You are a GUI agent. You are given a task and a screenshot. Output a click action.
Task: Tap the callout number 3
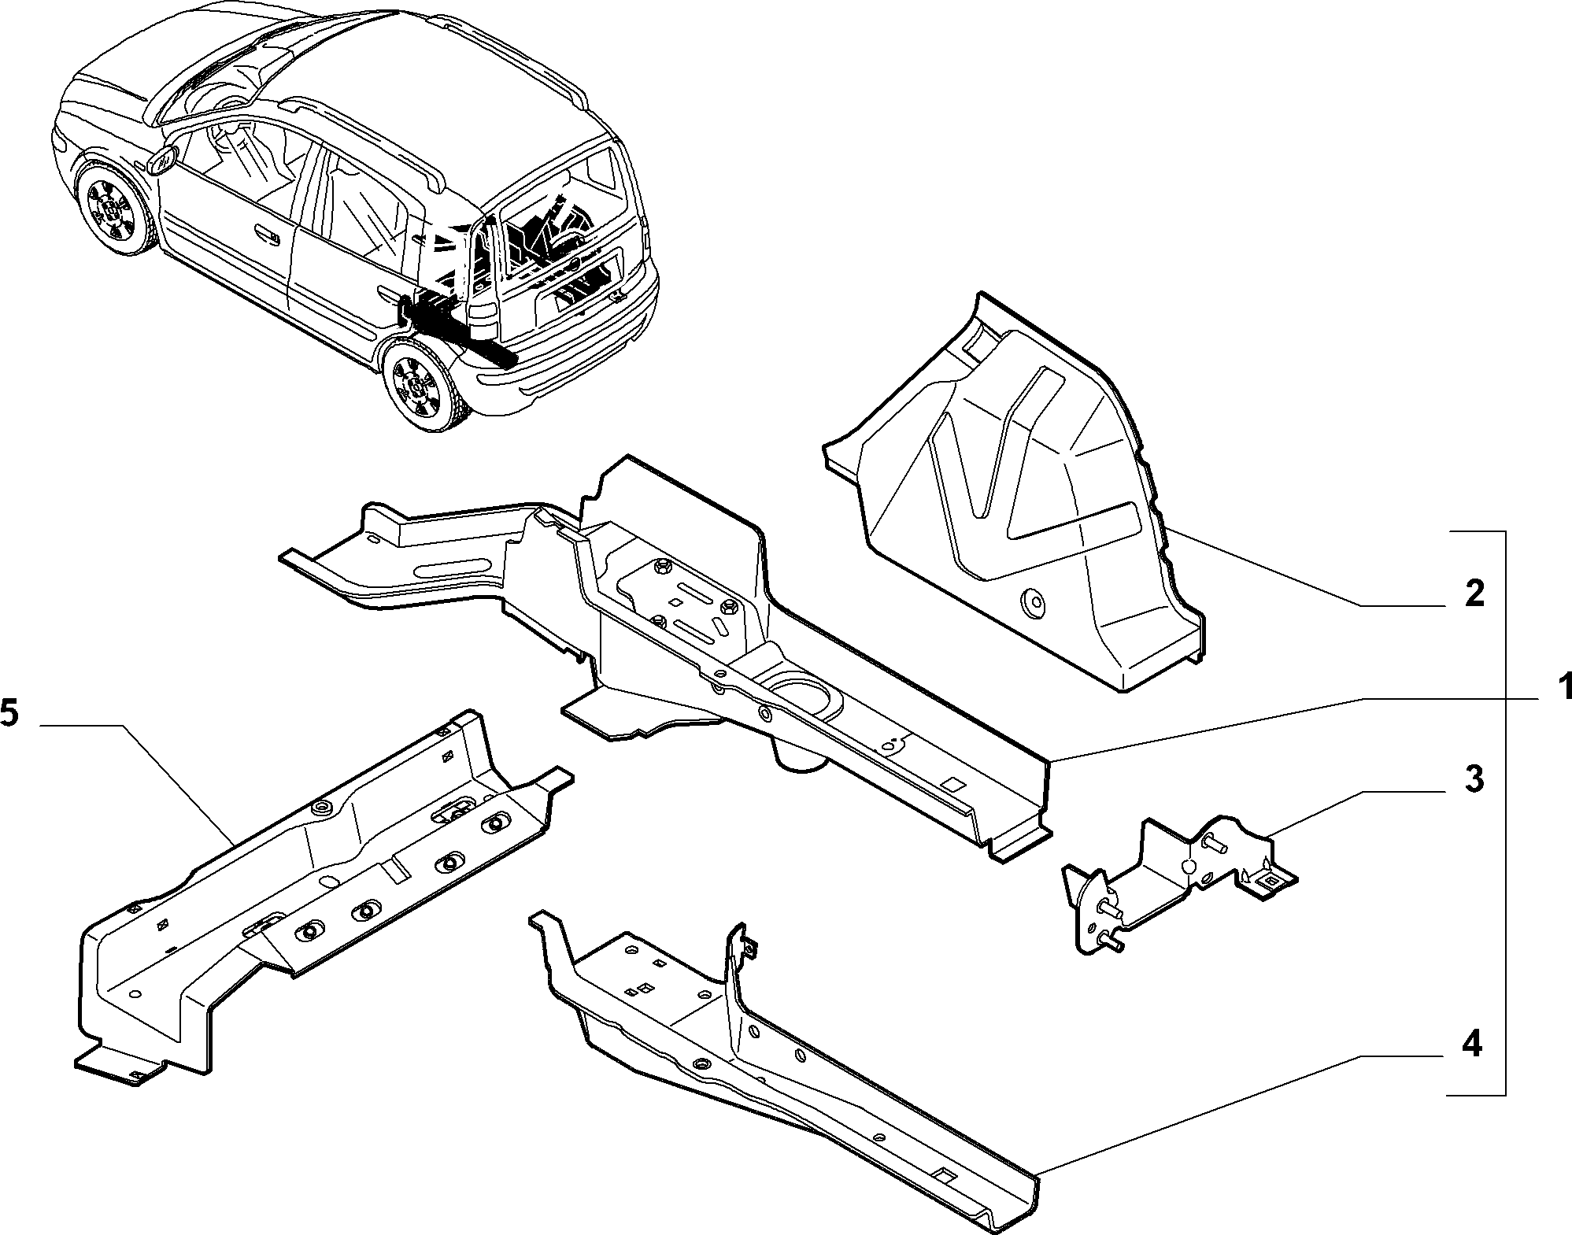[1474, 778]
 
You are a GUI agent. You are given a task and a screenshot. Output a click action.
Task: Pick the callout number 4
[1471, 1045]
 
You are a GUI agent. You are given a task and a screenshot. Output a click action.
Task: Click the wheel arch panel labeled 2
[1015, 488]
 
